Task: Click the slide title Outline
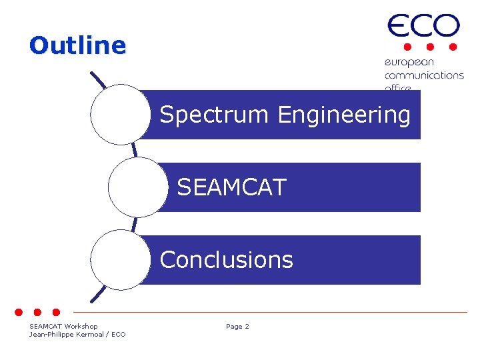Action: click(77, 45)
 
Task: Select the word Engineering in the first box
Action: click(344, 115)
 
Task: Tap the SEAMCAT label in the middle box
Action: click(231, 187)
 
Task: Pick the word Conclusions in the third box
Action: click(227, 259)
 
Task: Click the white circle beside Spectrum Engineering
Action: click(121, 115)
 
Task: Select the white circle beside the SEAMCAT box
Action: click(138, 187)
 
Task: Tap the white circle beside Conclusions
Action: click(121, 259)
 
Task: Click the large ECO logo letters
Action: click(423, 27)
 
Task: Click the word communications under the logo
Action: click(424, 75)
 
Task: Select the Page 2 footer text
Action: click(237, 327)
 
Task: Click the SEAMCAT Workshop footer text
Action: click(63, 327)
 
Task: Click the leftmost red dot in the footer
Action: click(19, 311)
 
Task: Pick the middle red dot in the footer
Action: click(37, 311)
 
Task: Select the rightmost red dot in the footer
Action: click(56, 311)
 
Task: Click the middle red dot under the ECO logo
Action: click(430, 47)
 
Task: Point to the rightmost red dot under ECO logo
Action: click(453, 47)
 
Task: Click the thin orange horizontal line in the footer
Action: click(267, 312)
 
